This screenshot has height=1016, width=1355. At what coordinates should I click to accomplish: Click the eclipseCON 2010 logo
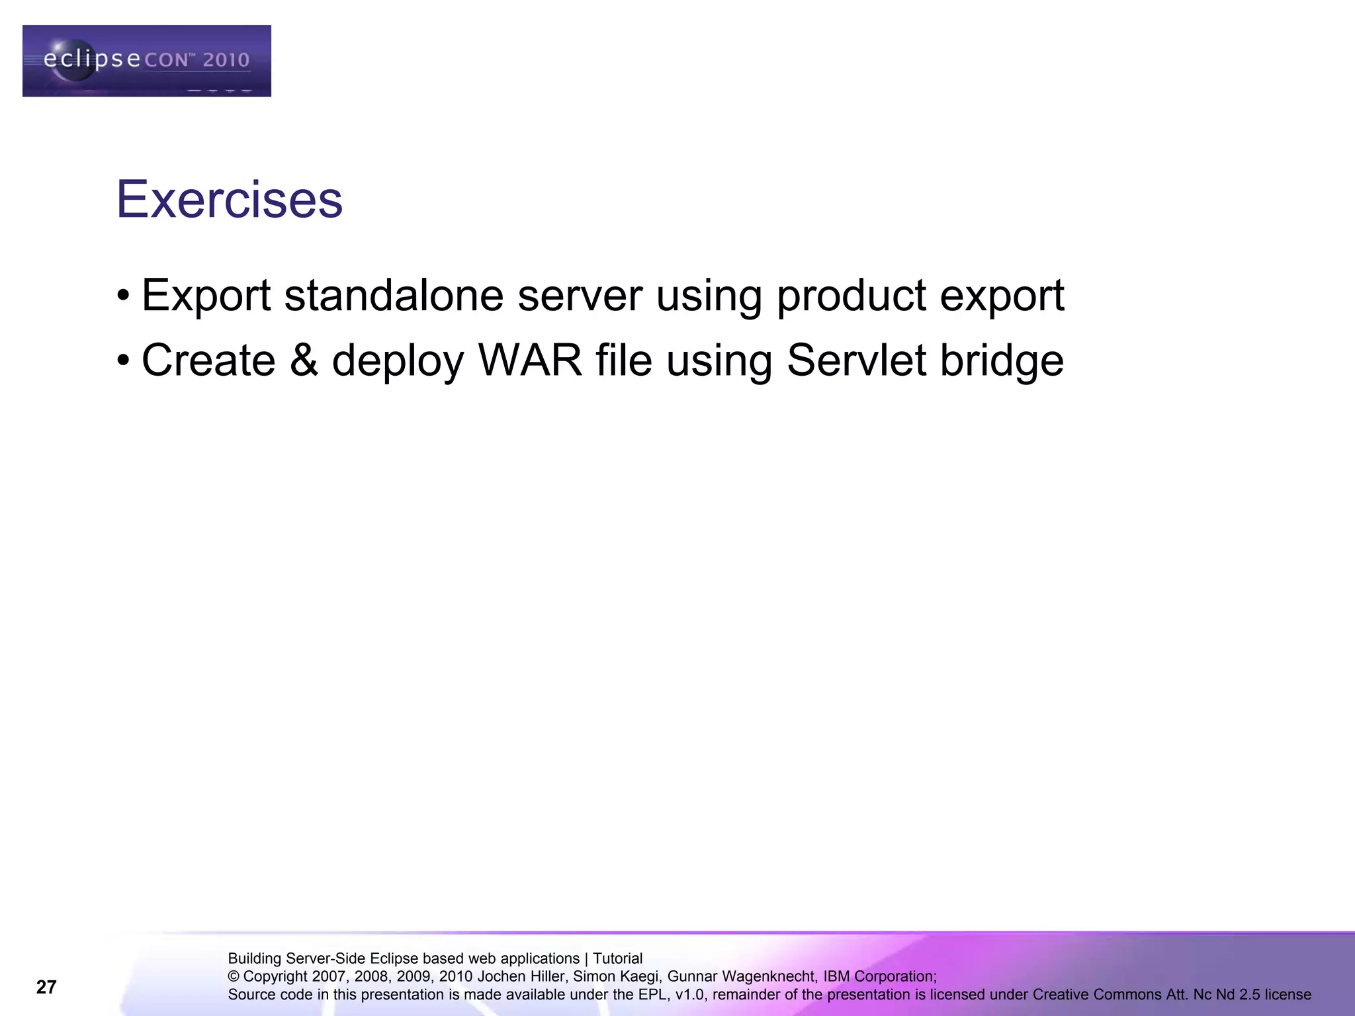(146, 61)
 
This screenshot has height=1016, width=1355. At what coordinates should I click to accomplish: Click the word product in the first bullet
(851, 296)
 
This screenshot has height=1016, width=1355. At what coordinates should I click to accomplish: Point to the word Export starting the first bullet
(206, 296)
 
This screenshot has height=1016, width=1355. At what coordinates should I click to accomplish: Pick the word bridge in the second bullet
(1002, 362)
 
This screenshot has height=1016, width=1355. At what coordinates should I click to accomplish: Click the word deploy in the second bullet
(398, 362)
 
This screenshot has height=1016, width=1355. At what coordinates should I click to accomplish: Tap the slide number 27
(46, 988)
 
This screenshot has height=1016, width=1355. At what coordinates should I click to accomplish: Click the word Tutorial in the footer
(617, 958)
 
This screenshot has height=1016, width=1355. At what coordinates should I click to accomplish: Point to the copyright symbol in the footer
(234, 977)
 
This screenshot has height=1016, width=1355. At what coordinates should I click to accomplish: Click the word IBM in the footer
(836, 977)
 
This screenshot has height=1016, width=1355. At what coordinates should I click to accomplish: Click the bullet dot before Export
(123, 296)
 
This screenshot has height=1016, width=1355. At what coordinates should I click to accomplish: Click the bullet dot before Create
(123, 361)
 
